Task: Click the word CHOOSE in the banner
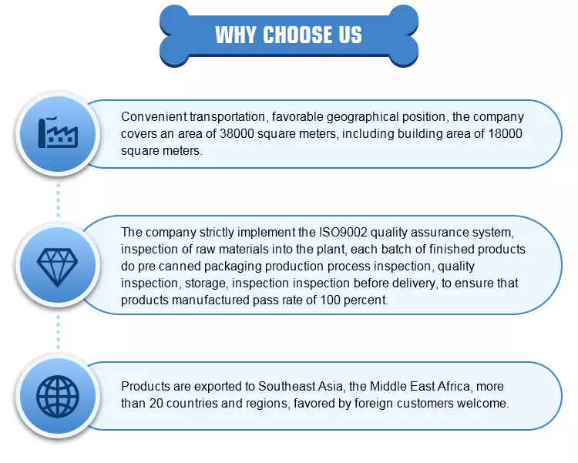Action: [x=293, y=35]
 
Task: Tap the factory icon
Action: [x=58, y=133]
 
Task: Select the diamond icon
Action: [x=58, y=267]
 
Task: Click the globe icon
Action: [x=58, y=397]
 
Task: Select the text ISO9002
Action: [x=343, y=232]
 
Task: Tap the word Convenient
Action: [x=153, y=116]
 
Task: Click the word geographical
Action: [x=362, y=117]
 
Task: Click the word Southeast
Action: [x=300, y=386]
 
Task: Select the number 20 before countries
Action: [x=156, y=403]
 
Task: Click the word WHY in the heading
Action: [x=236, y=35]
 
